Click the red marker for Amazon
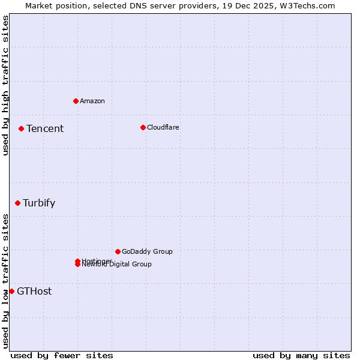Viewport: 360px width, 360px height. pos(76,101)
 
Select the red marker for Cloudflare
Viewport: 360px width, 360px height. pos(143,127)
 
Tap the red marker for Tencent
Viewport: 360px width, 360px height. pos(21,128)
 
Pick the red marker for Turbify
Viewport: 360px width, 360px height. pos(18,203)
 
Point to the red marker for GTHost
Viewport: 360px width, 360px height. pos(11,291)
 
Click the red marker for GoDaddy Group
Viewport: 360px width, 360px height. pos(118,251)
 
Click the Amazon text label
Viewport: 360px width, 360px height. pos(92,101)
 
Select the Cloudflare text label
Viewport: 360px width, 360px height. pos(163,127)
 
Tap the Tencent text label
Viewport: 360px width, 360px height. pos(45,128)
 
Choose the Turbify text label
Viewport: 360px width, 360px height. pos(39,203)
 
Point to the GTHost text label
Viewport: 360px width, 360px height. pos(34,292)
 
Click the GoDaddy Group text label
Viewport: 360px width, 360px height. pos(147,251)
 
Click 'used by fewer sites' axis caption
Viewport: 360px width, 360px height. pos(62,355)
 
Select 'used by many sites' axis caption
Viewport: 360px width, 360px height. pos(301,355)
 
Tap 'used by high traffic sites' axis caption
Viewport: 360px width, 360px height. pos(5,86)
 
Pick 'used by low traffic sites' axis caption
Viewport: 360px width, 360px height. pos(5,281)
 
